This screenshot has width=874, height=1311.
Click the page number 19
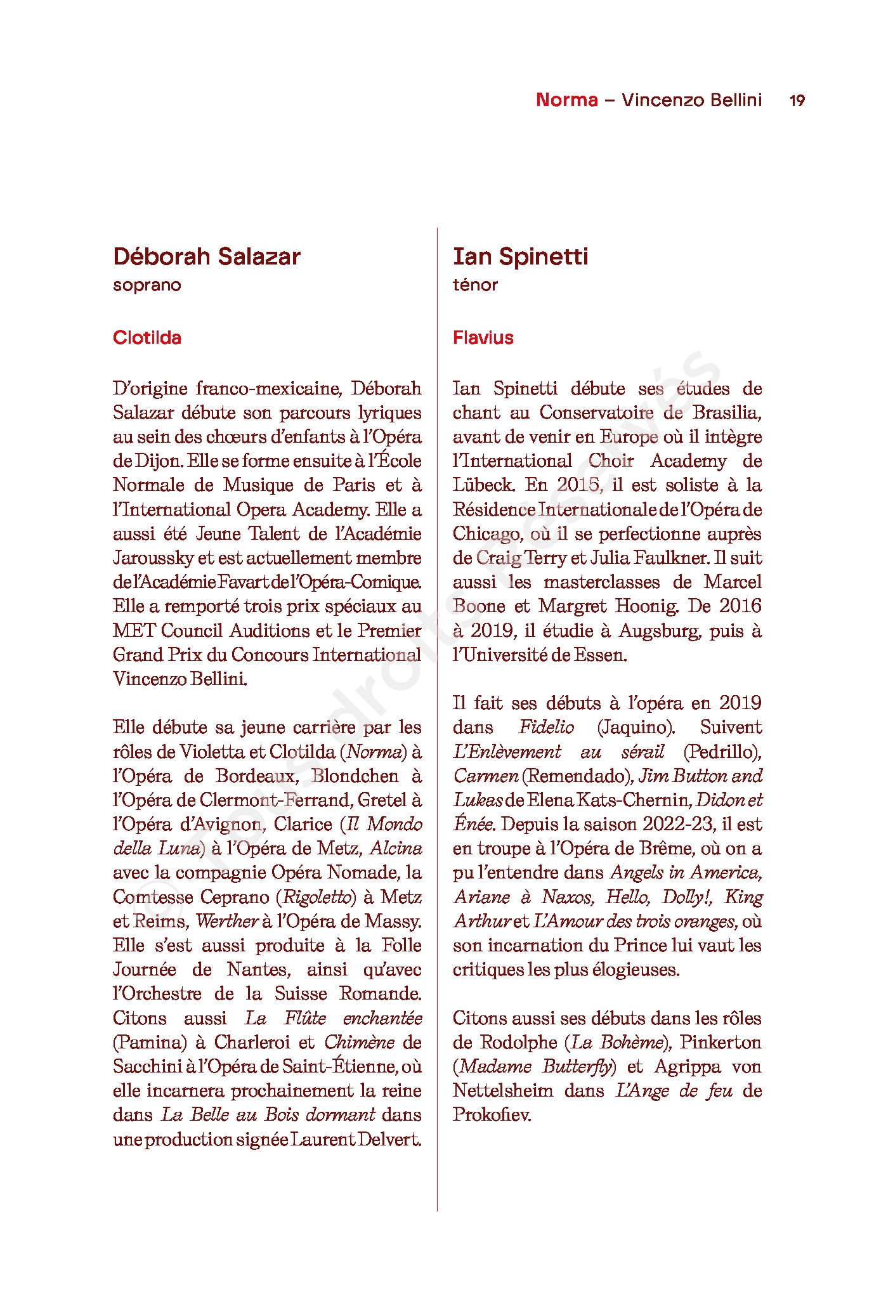pos(797,100)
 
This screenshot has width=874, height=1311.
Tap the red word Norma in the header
pos(566,100)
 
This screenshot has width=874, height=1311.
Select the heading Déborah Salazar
pos(207,256)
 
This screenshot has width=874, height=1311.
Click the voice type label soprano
pos(147,285)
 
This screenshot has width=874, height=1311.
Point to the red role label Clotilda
pos(147,337)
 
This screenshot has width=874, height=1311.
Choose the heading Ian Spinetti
pos(520,256)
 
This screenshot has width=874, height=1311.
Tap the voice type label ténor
pos(475,285)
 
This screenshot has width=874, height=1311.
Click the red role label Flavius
pos(483,337)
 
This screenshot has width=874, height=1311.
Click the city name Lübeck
pos(483,485)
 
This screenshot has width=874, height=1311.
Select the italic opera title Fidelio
pos(546,727)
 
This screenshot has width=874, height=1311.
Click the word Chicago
pos(487,534)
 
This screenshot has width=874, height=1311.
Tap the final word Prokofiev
pos(492,1114)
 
